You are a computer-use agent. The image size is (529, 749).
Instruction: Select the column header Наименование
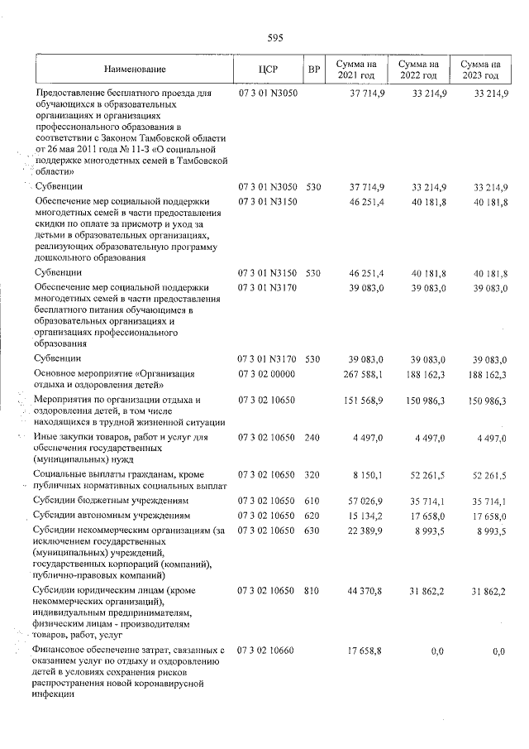tap(135, 70)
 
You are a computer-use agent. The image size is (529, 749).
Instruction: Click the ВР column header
tap(313, 70)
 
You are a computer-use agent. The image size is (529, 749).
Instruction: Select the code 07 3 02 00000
tap(267, 373)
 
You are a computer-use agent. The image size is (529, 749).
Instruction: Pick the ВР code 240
tap(312, 438)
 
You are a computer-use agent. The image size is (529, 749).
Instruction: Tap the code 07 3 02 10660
tap(267, 652)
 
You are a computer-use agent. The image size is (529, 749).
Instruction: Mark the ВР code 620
tap(312, 516)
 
